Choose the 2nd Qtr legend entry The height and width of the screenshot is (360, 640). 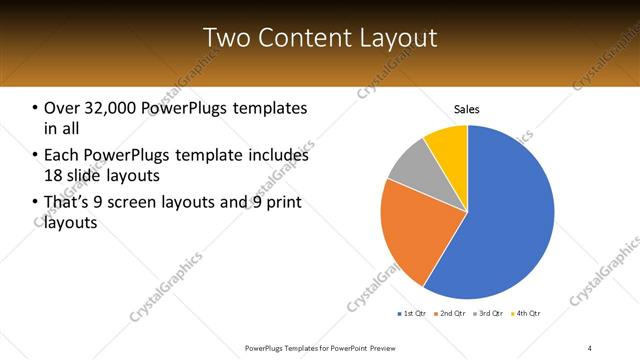tap(450, 314)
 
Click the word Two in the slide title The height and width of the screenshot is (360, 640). tap(225, 38)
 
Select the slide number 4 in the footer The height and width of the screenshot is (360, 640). tap(590, 347)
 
